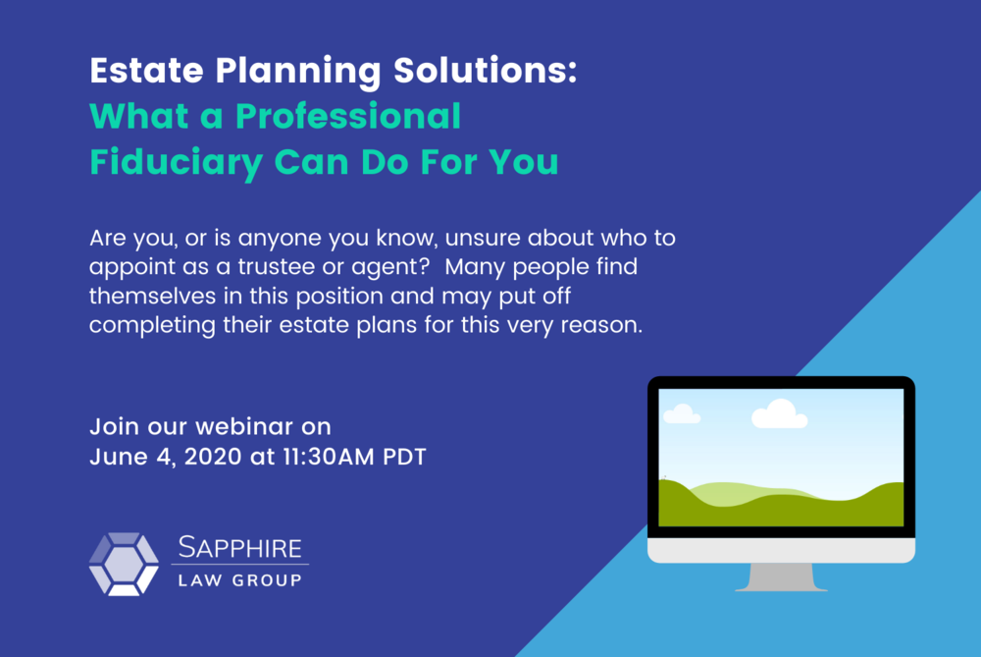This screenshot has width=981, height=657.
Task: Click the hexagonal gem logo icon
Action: pyautogui.click(x=124, y=564)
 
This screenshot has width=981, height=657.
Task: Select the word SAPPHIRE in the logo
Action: pyautogui.click(x=240, y=547)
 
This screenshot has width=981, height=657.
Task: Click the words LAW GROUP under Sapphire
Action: pyautogui.click(x=240, y=580)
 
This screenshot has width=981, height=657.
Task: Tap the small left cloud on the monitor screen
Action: pyautogui.click(x=681, y=415)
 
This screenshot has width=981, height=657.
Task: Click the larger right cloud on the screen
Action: pyautogui.click(x=779, y=415)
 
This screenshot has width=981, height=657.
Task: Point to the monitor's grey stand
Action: pyautogui.click(x=781, y=576)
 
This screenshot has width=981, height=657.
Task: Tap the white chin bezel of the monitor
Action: pyautogui.click(x=781, y=550)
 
